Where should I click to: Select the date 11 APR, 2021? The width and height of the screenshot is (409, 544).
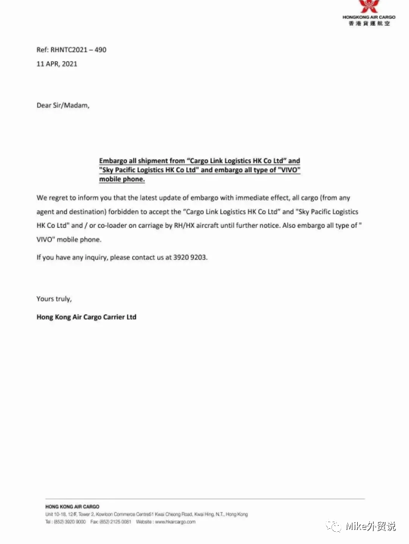pyautogui.click(x=57, y=63)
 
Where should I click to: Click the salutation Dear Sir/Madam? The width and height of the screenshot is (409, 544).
pyautogui.click(x=62, y=105)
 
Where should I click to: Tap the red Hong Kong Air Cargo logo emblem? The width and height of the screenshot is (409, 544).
pyautogui.click(x=368, y=7)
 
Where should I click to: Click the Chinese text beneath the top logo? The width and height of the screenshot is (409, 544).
pyautogui.click(x=368, y=23)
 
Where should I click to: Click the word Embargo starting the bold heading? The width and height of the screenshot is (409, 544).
pyautogui.click(x=114, y=161)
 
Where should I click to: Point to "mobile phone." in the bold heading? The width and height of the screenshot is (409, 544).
pyautogui.click(x=122, y=180)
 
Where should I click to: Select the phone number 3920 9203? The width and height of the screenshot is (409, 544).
pyautogui.click(x=190, y=258)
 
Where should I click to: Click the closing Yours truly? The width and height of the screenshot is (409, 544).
pyautogui.click(x=54, y=299)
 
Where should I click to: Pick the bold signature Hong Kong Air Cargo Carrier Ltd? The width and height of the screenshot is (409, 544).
pyautogui.click(x=86, y=317)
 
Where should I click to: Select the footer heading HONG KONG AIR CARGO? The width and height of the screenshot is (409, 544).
pyautogui.click(x=72, y=507)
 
